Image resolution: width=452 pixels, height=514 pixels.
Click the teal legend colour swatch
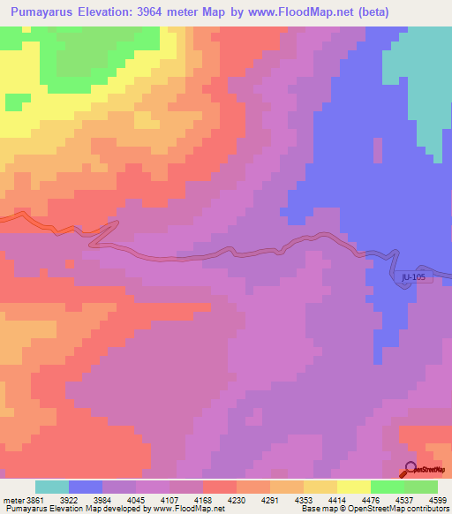pos(52,487)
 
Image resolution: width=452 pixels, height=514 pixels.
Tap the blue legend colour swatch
pos(86,487)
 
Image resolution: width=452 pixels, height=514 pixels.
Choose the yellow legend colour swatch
pos(354,487)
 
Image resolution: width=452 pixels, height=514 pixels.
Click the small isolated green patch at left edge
pos(13,101)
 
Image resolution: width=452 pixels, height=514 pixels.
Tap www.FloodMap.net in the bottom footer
pos(174,509)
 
